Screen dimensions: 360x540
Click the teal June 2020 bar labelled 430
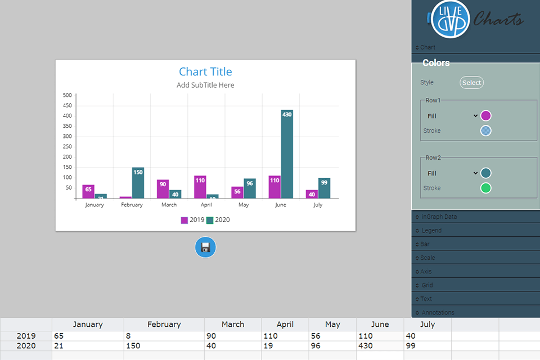pos(287,154)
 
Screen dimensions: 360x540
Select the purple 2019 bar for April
pos(200,187)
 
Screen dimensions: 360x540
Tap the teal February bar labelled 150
pos(138,183)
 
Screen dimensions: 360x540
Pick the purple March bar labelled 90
pos(163,189)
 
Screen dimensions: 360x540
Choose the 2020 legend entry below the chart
pos(218,220)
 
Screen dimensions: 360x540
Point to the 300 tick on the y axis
pos(67,137)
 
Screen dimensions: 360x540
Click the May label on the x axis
pos(244,205)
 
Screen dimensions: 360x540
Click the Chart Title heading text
pos(205,71)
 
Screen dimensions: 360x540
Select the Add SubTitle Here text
pos(205,85)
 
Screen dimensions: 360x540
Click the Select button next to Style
pos(471,83)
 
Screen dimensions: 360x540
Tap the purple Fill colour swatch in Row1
pos(486,116)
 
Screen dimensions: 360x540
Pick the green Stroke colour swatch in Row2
pos(486,188)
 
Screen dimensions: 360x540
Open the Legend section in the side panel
pos(431,231)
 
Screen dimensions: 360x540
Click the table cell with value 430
pos(380,346)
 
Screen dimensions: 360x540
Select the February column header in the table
pos(164,325)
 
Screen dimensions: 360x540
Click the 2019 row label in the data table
pos(26,336)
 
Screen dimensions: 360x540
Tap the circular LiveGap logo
pos(451,19)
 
